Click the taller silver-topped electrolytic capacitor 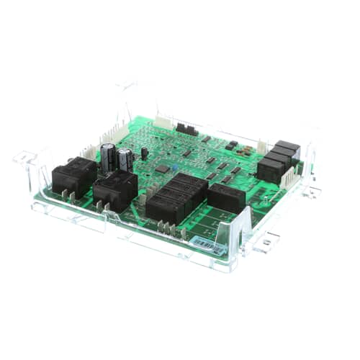[x=108, y=156]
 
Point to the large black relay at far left [x=73, y=175]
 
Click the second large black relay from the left [x=114, y=189]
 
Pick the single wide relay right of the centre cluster [x=226, y=197]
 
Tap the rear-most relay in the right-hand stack [x=287, y=150]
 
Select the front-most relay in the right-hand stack [x=270, y=170]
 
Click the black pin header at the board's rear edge [x=187, y=129]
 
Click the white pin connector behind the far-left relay [x=89, y=152]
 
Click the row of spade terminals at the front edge [x=168, y=228]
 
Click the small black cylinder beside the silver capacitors [x=144, y=153]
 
